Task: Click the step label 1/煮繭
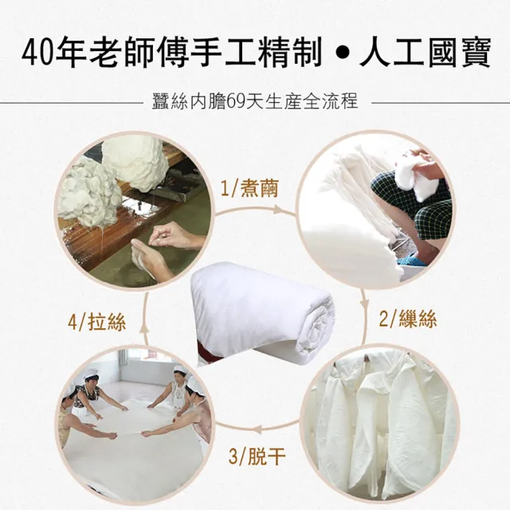pos(249,190)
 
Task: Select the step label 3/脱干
pos(256,457)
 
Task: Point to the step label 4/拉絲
pos(96,322)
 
